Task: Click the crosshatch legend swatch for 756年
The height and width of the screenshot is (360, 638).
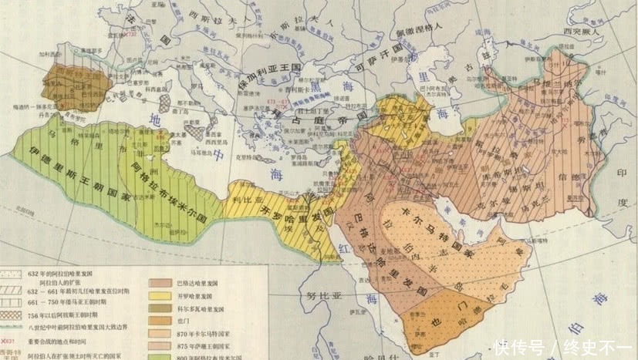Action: pos(14,314)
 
